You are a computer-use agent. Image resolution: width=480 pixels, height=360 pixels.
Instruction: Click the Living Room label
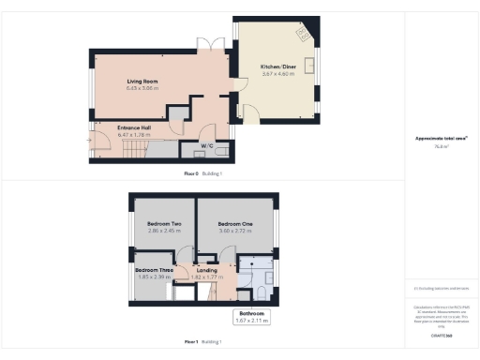[x=142, y=82]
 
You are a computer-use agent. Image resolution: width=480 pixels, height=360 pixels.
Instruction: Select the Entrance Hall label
[x=135, y=127]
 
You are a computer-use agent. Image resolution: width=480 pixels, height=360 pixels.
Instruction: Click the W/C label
[x=210, y=146]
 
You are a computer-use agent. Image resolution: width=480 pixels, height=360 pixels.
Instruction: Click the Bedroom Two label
[x=163, y=224]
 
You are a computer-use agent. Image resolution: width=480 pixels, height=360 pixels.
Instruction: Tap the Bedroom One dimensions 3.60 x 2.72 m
[x=235, y=231]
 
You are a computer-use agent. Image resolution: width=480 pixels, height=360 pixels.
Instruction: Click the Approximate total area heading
[x=441, y=138]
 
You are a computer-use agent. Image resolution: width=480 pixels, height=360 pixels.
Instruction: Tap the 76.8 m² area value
[x=441, y=146]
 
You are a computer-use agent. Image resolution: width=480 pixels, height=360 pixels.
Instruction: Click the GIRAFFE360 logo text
[x=441, y=335]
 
